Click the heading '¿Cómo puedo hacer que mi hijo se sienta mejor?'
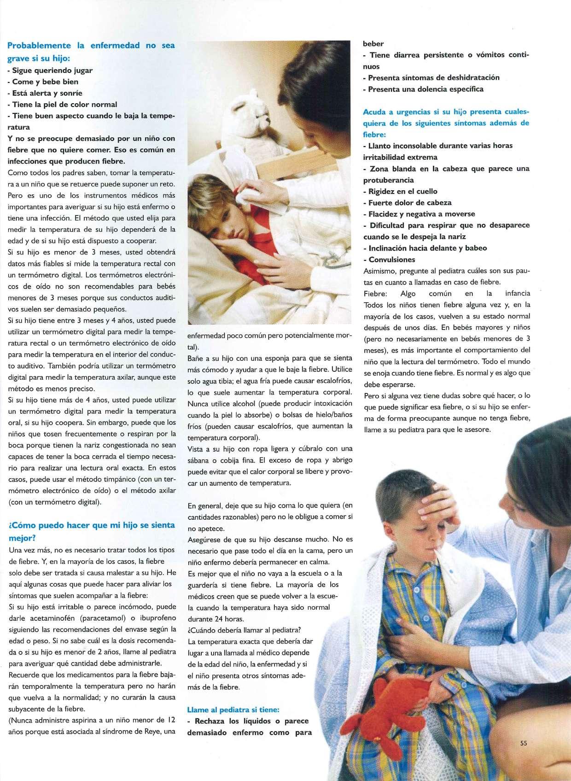pos(92,531)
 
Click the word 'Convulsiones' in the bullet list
pos(392,259)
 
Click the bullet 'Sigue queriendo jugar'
pos(52,70)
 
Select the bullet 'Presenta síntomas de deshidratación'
pos(433,77)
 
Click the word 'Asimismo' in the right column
pos(379,270)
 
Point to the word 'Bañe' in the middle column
pos(195,358)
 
